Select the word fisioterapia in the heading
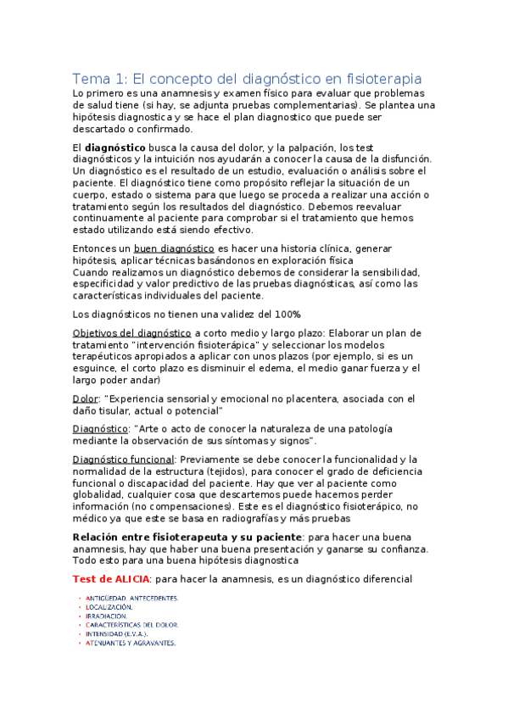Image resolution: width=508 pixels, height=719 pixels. pos(377,77)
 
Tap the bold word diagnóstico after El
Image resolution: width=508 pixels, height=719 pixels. pos(115,147)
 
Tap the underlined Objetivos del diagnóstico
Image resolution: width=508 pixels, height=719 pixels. pos(131,332)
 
